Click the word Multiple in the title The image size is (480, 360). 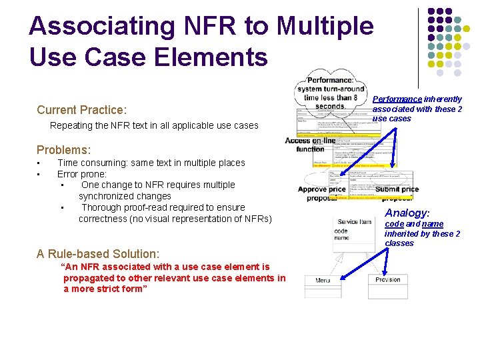coord(325,27)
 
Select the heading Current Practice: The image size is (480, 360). coord(81,110)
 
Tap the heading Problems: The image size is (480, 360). coord(63,150)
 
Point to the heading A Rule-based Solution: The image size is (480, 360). coord(98,254)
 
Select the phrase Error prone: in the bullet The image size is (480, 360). coord(82,174)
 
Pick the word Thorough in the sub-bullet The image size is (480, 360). coord(102,207)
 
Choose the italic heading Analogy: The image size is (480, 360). coord(407,213)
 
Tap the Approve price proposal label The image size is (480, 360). coord(321,193)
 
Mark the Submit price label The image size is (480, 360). coord(397,189)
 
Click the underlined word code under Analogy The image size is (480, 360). coord(394,225)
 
